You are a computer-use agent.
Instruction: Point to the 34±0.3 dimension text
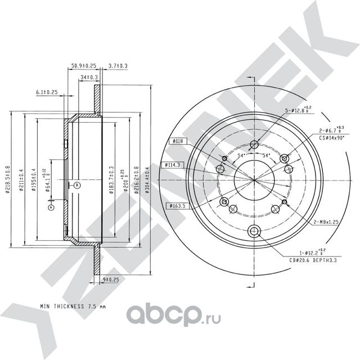89,77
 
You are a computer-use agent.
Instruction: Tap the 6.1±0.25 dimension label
47,91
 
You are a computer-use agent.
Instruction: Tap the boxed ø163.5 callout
177,206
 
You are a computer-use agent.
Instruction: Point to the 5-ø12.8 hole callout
296,111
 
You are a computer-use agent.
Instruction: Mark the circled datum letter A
51,208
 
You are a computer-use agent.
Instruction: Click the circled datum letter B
78,185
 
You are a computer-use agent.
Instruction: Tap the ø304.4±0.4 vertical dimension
147,179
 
